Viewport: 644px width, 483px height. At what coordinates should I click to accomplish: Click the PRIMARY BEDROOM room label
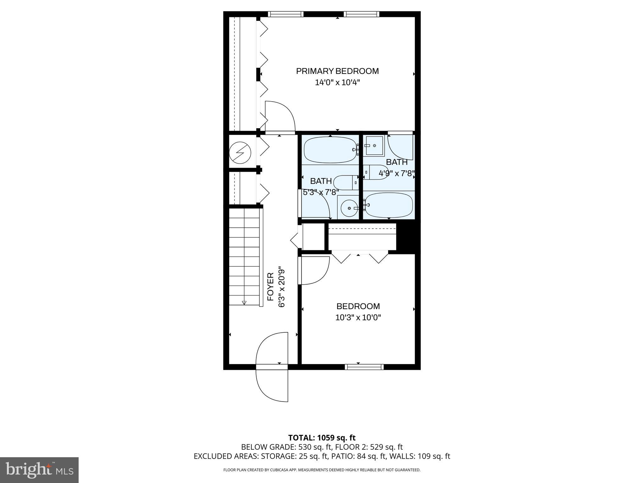pos(337,71)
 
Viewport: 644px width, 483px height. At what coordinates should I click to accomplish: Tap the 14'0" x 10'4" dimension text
pos(337,83)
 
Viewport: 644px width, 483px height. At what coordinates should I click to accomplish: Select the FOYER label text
pos(270,286)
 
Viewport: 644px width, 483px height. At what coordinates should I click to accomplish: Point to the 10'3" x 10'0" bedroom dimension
pos(358,318)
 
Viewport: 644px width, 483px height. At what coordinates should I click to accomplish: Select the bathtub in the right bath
pos(389,205)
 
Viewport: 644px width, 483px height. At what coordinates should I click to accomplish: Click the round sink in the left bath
pos(349,208)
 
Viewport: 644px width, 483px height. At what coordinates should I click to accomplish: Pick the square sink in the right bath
pos(374,146)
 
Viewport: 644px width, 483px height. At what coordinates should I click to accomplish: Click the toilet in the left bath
pos(346,183)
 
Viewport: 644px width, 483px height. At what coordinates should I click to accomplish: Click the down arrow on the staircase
pos(244,303)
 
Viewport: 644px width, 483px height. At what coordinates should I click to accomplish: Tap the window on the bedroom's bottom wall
pos(364,367)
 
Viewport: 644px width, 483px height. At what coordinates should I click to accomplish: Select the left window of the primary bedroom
pos(286,14)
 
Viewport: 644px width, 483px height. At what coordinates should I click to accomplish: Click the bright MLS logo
pos(39,470)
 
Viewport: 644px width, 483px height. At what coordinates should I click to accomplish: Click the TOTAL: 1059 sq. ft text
pos(322,437)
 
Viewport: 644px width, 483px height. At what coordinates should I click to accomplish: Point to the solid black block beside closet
pos(408,236)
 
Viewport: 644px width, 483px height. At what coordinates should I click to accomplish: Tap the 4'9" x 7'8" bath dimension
pos(397,173)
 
